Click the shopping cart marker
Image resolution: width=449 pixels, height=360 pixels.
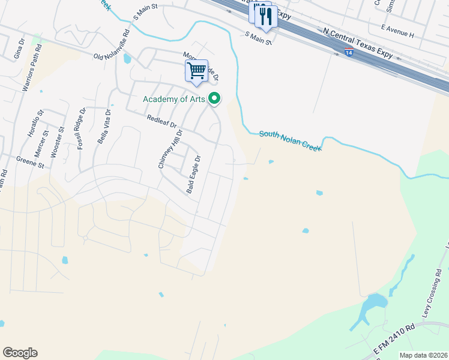click(196, 71)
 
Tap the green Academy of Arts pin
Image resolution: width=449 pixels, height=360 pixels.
click(214, 100)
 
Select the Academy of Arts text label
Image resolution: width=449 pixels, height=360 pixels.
click(174, 100)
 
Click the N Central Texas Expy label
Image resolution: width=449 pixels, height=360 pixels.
click(358, 43)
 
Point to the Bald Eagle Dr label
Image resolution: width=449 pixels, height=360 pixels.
click(193, 175)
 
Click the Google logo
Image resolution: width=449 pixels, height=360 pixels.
click(20, 352)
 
